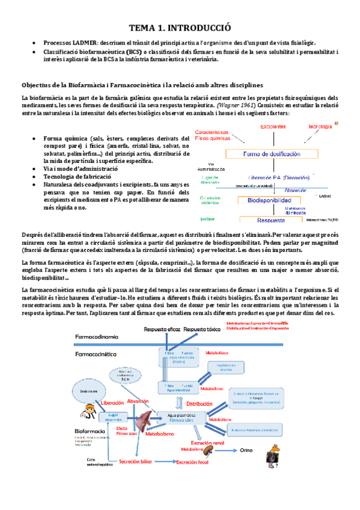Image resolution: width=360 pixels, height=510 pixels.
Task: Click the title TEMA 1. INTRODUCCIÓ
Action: (180, 28)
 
